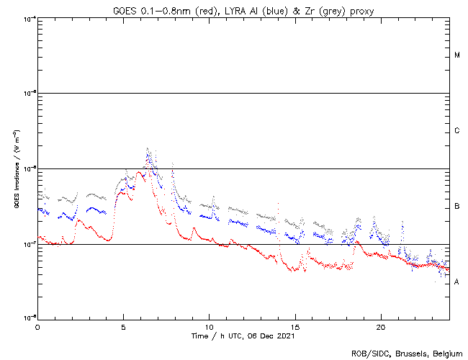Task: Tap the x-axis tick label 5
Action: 123,326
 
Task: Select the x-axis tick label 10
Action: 209,326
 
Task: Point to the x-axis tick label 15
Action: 294,326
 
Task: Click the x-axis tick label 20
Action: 380,326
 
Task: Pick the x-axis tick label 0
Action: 37,326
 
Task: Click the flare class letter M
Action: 457,55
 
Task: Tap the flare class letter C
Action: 457,131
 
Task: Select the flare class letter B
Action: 457,207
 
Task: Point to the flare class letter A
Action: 457,282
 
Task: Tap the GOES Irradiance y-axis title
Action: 16,168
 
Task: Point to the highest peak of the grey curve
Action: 148,148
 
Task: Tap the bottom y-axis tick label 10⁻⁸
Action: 30,318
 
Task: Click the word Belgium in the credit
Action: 445,353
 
